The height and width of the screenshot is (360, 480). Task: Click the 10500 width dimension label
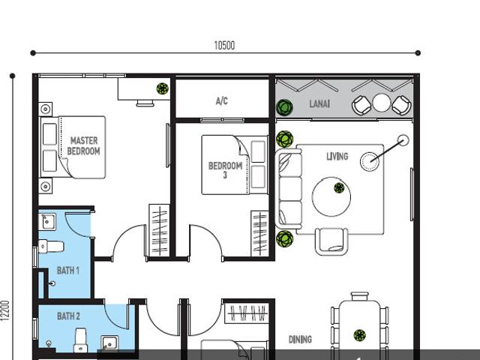tap(224, 46)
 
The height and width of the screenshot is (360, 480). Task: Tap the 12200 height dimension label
tap(5, 310)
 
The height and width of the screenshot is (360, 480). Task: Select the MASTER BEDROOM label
tap(84, 145)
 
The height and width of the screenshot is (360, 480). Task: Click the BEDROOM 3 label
tap(225, 170)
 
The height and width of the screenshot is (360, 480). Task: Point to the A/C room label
tap(221, 100)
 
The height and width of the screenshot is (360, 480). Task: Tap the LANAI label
tap(319, 104)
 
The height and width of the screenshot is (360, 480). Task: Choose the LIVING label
tap(337, 156)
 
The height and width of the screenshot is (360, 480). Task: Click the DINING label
tap(300, 340)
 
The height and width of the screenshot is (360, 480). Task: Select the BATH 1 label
tap(68, 270)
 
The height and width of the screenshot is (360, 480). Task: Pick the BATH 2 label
tap(68, 316)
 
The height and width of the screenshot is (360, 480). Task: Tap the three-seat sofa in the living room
tap(289, 187)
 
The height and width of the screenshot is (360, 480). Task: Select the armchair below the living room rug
tap(331, 240)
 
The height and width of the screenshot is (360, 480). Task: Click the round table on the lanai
tap(382, 103)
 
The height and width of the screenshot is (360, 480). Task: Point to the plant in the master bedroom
tap(163, 89)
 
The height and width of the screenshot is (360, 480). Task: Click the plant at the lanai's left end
tap(283, 108)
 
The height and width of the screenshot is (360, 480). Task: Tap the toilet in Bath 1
tap(45, 245)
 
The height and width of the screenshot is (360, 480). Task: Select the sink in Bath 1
tap(46, 220)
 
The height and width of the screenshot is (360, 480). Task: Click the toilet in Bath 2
tap(80, 339)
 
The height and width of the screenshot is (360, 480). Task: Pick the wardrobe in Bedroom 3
tap(259, 233)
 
